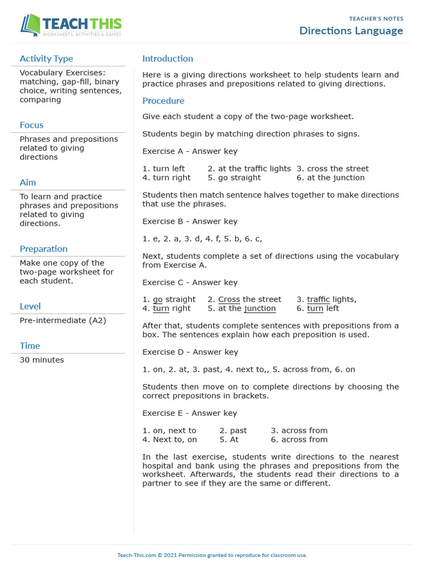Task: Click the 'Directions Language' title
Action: coord(351,30)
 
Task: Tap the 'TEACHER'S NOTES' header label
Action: coord(376,19)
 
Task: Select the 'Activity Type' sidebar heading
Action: coord(46,59)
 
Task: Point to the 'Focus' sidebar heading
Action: coord(32,125)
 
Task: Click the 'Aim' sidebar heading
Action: coord(28,183)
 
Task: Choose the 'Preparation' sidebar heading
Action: coord(44,249)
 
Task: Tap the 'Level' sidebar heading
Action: coord(30,306)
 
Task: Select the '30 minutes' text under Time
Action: coord(42,360)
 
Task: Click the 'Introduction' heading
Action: coord(168,59)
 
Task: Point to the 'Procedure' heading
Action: coord(163,101)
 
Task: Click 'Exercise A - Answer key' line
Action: coord(190,151)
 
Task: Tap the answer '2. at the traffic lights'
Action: coord(249,168)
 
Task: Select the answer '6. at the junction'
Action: coord(330,178)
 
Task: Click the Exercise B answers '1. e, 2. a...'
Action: coord(202,239)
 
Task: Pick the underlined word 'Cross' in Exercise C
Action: coord(229,300)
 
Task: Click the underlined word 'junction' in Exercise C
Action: coord(260,308)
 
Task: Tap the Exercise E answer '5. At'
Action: coord(229,440)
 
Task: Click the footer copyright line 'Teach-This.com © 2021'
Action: coord(212,555)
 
